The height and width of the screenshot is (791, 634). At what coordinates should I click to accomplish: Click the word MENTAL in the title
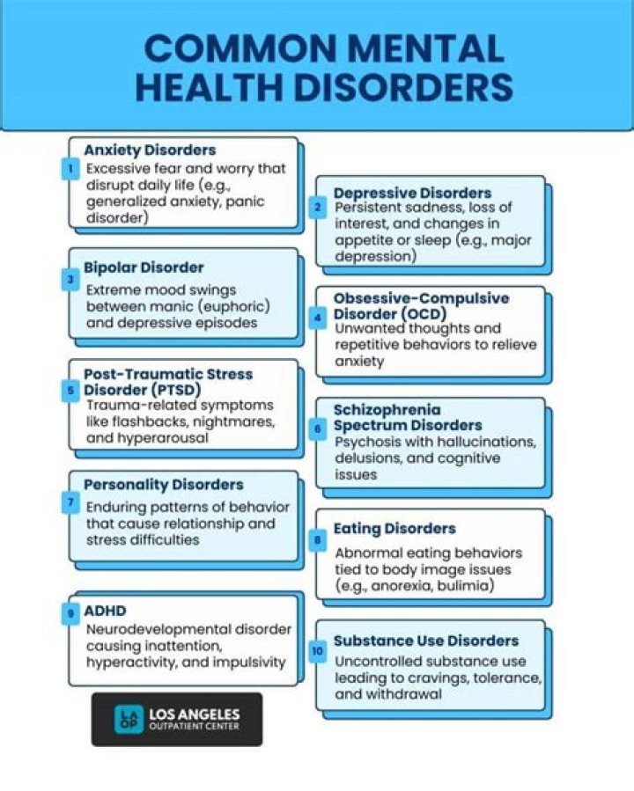click(x=426, y=49)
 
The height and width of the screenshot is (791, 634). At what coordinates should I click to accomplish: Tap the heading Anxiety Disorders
click(x=150, y=150)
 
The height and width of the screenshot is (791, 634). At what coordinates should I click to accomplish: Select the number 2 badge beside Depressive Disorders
click(x=318, y=207)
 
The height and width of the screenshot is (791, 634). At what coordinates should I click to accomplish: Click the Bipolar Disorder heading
click(x=144, y=267)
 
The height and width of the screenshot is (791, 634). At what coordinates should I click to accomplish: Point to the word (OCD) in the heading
click(x=424, y=314)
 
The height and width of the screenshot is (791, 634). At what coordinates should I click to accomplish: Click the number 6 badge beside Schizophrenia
click(x=318, y=428)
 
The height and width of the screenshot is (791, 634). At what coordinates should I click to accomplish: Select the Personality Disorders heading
click(x=164, y=485)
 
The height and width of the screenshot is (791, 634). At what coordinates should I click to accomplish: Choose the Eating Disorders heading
click(x=394, y=529)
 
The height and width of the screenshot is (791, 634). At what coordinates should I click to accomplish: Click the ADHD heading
click(x=105, y=611)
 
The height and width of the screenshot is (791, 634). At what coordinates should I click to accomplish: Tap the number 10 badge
click(x=318, y=651)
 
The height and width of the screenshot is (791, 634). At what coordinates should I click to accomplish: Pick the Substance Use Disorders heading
click(x=426, y=641)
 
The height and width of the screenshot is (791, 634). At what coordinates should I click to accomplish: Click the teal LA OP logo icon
click(x=129, y=720)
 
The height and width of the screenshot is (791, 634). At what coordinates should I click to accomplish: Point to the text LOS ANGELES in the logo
click(x=195, y=714)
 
